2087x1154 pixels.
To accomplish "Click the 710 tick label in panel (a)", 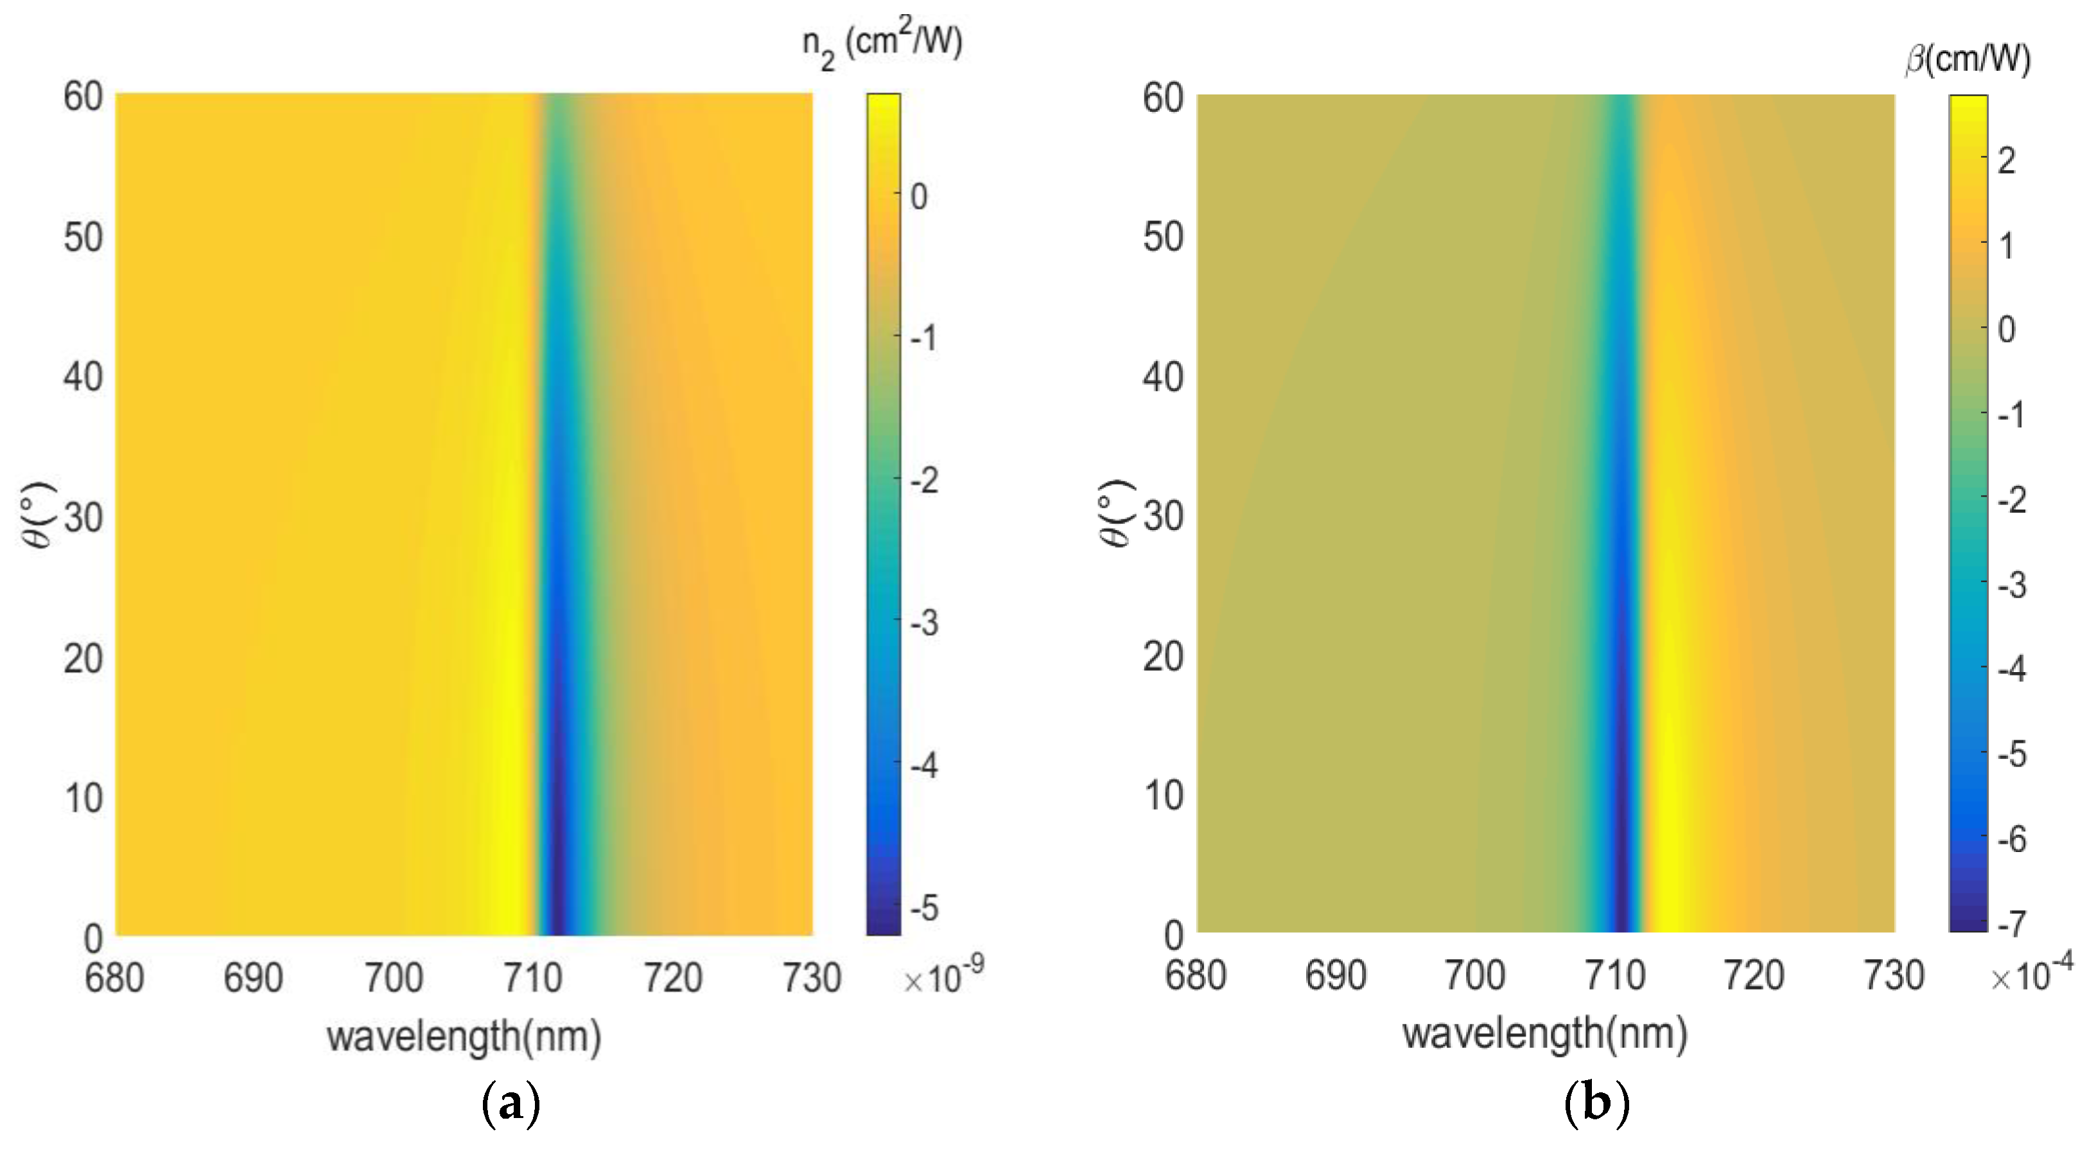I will [532, 978].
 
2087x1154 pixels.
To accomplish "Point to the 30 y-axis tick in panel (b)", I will [1164, 515].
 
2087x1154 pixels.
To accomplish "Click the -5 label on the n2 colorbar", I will [923, 908].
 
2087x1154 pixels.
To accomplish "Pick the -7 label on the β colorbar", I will [2011, 923].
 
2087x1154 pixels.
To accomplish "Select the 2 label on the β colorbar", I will [2006, 161].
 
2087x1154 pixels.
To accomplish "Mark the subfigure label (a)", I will [511, 1105].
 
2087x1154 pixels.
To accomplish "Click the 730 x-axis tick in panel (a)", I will [811, 978].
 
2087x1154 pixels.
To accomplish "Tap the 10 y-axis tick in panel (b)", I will [1164, 796].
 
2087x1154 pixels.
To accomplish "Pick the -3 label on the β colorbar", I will [2011, 584].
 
